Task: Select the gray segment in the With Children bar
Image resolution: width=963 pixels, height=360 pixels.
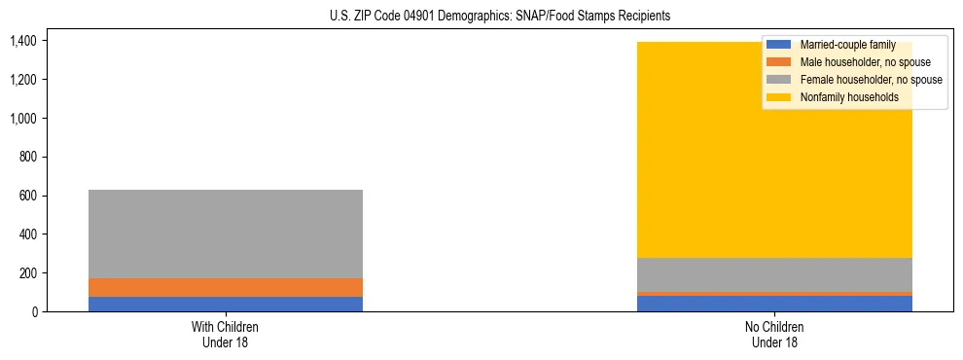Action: pyautogui.click(x=225, y=234)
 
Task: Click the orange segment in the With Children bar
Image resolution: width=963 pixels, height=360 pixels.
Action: pyautogui.click(x=225, y=287)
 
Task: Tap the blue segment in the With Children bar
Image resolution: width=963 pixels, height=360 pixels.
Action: pyautogui.click(x=225, y=304)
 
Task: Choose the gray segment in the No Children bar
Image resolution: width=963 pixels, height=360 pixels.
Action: pyautogui.click(x=774, y=274)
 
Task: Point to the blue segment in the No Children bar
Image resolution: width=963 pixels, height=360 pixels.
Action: pyautogui.click(x=774, y=304)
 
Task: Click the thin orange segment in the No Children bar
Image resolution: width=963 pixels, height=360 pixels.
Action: pyautogui.click(x=774, y=293)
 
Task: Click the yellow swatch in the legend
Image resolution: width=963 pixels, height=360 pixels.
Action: pyautogui.click(x=780, y=97)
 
